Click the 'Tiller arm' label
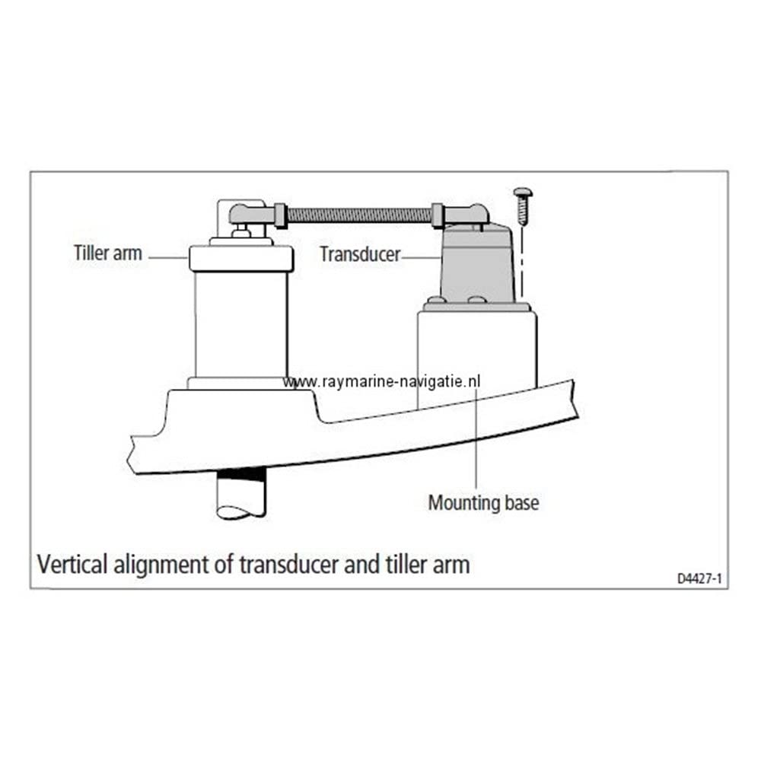[108, 253]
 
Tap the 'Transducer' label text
[361, 254]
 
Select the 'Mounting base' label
[483, 503]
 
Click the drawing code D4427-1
[699, 578]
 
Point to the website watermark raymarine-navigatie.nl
[381, 381]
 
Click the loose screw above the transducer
[523, 205]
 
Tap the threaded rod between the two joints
[359, 215]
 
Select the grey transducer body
[478, 265]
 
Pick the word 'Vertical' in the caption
[72, 565]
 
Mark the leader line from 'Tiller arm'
[168, 258]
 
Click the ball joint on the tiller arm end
[247, 215]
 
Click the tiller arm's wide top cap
[241, 259]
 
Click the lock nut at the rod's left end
[281, 215]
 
